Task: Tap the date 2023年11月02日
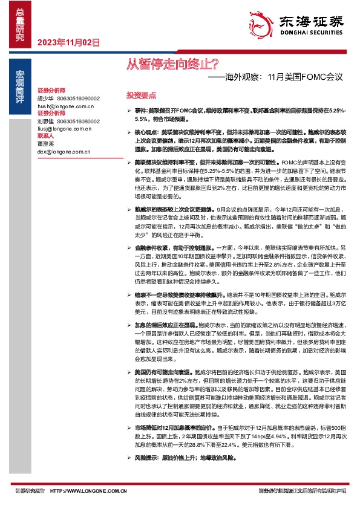[x=68, y=42]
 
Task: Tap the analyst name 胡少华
[x=46, y=98]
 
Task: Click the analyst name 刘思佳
[x=46, y=121]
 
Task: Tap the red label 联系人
[x=47, y=136]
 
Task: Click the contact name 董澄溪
[x=46, y=144]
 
